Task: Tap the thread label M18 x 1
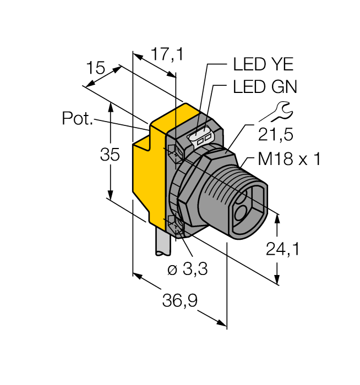click(289, 159)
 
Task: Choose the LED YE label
click(263, 65)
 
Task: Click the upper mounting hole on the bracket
click(173, 150)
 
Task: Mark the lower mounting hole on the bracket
click(173, 223)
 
